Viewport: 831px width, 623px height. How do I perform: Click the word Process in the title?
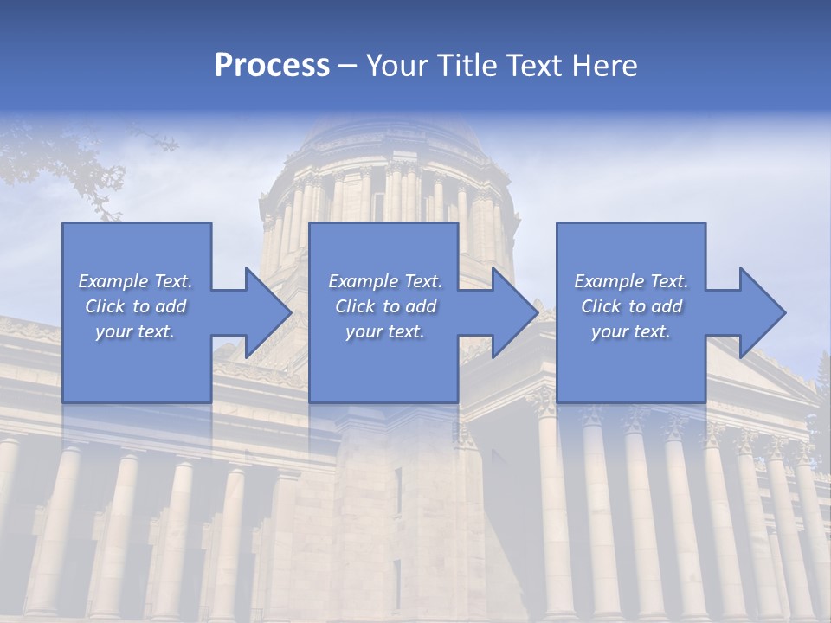pyautogui.click(x=272, y=66)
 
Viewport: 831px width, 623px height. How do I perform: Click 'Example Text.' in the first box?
pyautogui.click(x=135, y=281)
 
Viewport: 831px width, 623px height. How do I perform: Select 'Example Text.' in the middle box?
pyautogui.click(x=385, y=281)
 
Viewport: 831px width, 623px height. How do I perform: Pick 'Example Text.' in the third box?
pyautogui.click(x=631, y=281)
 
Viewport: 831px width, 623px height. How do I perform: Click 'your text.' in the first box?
pyautogui.click(x=135, y=331)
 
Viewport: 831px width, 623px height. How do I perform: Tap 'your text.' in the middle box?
pyautogui.click(x=385, y=331)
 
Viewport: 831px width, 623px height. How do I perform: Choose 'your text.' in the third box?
pyautogui.click(x=631, y=331)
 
